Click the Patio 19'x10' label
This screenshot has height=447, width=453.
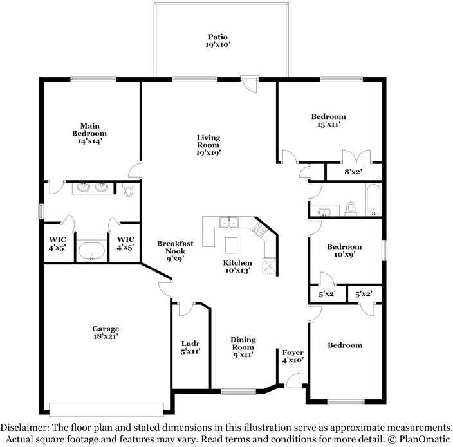pos(217,41)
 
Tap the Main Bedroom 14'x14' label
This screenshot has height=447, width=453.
pos(89,133)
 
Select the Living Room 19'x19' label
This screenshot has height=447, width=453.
pos(208,145)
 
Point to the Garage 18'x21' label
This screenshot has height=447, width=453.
pos(106,332)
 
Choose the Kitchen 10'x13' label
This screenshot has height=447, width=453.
pos(237,267)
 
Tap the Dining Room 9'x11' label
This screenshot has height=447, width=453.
pos(243,347)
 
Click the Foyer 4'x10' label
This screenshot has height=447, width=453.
pos(293,357)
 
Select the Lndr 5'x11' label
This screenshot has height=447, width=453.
pos(190,347)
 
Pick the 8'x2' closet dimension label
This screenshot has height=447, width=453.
pos(355,172)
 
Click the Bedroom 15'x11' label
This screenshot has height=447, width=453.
pos(328,120)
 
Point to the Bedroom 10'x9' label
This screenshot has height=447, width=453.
pos(344,250)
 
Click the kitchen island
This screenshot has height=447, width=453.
pos(230,245)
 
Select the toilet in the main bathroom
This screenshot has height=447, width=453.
pos(127,190)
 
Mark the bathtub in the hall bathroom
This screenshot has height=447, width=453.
pos(373,200)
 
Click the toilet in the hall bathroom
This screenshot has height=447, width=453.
pos(351,208)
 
